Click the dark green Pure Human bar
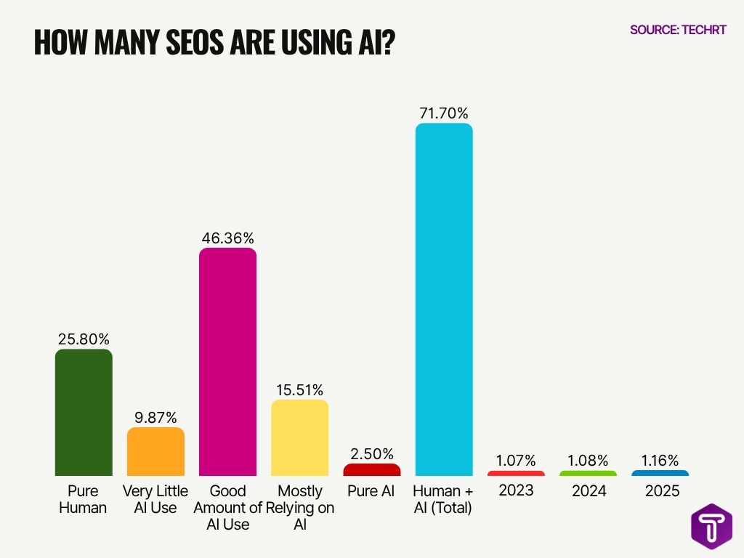click(x=84, y=412)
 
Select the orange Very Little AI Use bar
click(x=155, y=451)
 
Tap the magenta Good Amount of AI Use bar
click(x=228, y=361)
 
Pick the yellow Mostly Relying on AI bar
click(x=299, y=437)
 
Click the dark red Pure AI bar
click(x=371, y=469)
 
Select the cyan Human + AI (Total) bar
click(x=443, y=299)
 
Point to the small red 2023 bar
click(x=516, y=473)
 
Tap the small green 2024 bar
click(x=588, y=473)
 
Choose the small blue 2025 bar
click(x=660, y=473)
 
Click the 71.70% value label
click(x=443, y=113)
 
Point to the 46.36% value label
click(x=228, y=238)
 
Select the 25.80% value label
click(x=84, y=339)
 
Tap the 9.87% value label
click(x=155, y=418)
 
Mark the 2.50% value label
click(x=371, y=454)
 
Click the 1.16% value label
click(x=660, y=461)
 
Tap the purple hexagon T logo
click(x=711, y=526)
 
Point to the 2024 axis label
click(x=588, y=491)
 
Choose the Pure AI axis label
click(x=371, y=491)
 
